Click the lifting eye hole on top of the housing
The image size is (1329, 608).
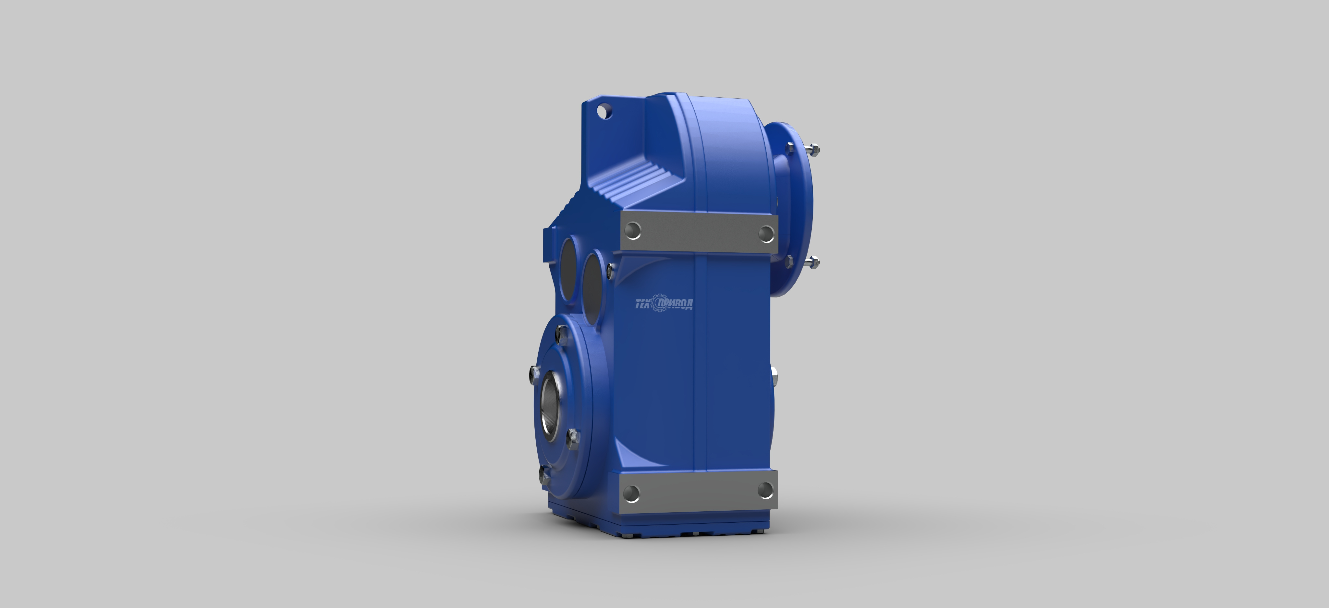tap(605, 111)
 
